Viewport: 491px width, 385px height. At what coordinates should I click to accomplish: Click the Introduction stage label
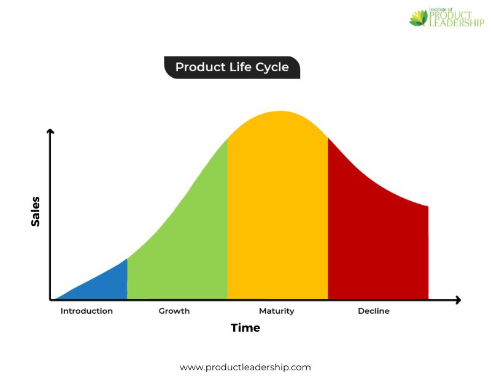tap(87, 311)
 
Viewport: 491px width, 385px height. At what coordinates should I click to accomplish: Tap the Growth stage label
tap(174, 311)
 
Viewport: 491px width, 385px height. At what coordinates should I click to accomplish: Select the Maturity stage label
tap(277, 311)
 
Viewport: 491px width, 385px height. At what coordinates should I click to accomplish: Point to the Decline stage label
tap(374, 311)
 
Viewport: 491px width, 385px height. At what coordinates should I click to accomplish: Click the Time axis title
tap(245, 328)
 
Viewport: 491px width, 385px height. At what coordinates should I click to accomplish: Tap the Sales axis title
tap(36, 212)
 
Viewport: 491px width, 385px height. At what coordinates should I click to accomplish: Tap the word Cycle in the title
tap(272, 67)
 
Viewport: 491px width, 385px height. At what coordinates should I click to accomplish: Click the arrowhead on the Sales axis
tap(50, 131)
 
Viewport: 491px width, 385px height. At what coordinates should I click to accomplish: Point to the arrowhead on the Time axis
tap(458, 300)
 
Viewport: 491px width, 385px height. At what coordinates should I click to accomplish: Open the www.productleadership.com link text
tap(245, 367)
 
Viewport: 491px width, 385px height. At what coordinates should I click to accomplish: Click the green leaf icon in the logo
tap(419, 18)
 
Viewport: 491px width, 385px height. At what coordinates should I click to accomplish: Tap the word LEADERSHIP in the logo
tap(457, 23)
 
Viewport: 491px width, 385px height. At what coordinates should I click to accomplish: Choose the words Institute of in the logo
tap(441, 10)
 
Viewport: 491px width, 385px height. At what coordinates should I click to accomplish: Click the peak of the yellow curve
tap(280, 112)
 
